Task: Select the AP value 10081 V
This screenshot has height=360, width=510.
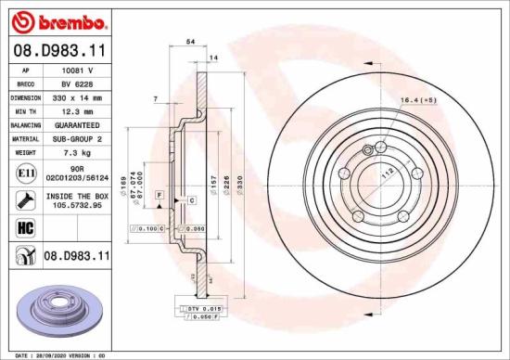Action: (x=76, y=70)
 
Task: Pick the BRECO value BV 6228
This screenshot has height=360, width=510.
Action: (x=76, y=83)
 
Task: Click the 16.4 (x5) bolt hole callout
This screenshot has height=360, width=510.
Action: (x=416, y=98)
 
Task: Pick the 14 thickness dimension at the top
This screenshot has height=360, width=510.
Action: (x=215, y=58)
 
